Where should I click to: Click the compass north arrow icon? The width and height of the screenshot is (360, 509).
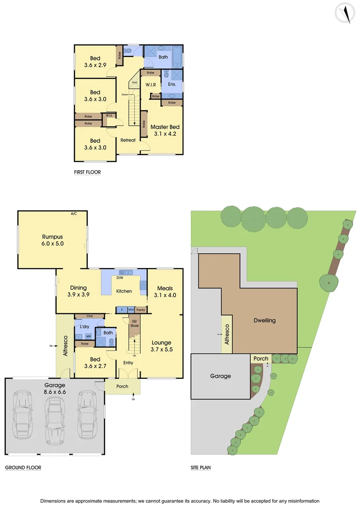[x=345, y=13]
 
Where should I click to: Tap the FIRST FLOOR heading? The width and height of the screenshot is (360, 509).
[x=87, y=172]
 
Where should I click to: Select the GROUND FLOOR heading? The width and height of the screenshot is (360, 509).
[x=23, y=468]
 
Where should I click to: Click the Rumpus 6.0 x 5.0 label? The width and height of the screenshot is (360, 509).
[x=52, y=240]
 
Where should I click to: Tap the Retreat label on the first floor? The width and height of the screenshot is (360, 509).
[x=128, y=140]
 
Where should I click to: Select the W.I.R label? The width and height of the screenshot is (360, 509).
[x=151, y=85]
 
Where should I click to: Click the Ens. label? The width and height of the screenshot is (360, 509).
[x=172, y=85]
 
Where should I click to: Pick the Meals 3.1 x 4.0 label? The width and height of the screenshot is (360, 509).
[x=164, y=292]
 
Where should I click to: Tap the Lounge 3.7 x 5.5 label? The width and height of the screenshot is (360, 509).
[x=161, y=346]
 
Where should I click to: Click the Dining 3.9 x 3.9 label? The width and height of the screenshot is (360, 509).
[x=78, y=291]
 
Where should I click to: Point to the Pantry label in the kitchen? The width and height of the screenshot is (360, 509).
[x=140, y=310]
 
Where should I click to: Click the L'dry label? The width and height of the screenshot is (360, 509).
[x=85, y=327]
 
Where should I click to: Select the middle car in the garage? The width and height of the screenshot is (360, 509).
[x=55, y=417]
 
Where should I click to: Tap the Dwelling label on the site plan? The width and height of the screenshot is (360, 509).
[x=264, y=320]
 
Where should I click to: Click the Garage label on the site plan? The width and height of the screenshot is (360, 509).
[x=221, y=376]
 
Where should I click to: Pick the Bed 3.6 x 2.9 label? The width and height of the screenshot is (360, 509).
[x=95, y=62]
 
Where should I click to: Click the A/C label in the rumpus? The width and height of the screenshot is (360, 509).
[x=74, y=214]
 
